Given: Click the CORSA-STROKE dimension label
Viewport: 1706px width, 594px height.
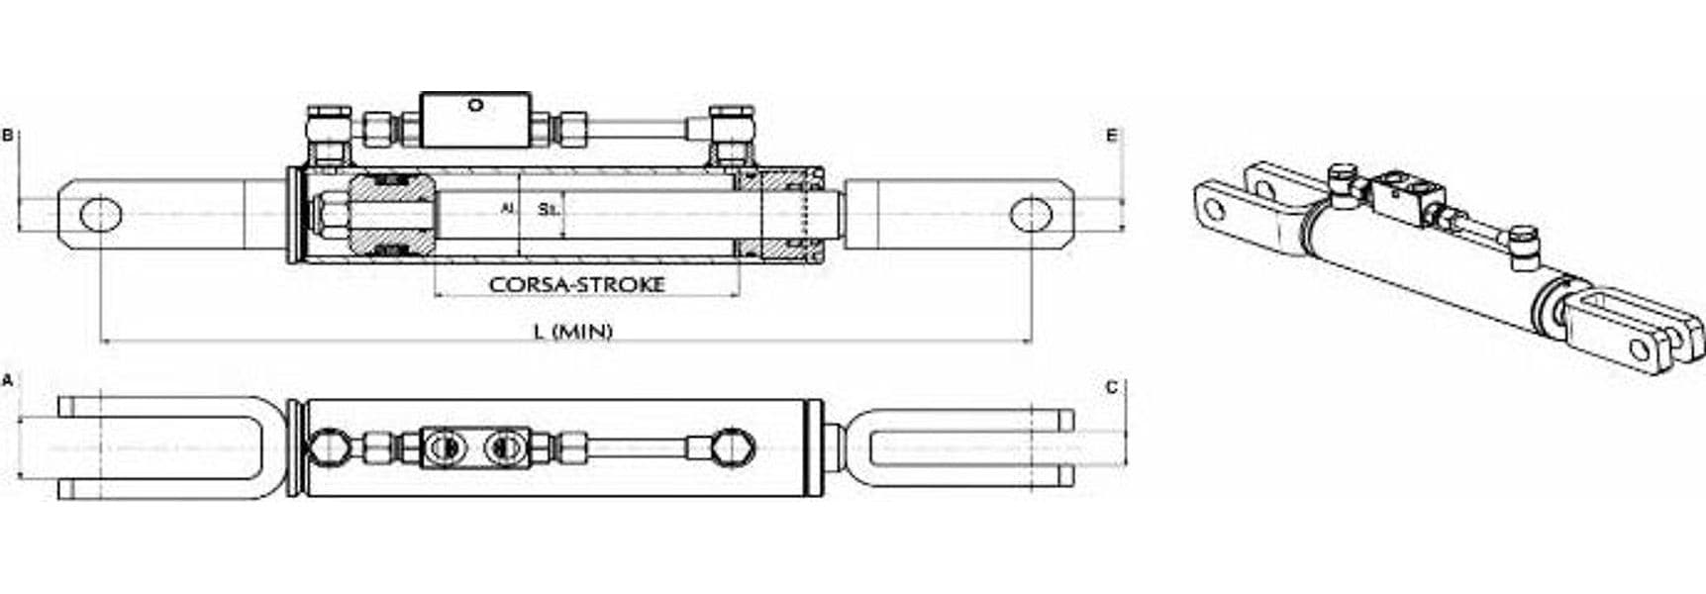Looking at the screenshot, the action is click(x=576, y=284).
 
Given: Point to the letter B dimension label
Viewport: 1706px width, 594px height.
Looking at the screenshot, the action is click(x=8, y=135).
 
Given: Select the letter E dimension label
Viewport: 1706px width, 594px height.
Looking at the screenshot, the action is click(x=1112, y=135).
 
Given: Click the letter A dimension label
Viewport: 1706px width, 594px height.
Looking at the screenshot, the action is click(x=8, y=380).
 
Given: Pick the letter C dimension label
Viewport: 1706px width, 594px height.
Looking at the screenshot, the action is click(x=1112, y=387).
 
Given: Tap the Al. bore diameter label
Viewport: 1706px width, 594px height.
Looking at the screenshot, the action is click(x=508, y=209).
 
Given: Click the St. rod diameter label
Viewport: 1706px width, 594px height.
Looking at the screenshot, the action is click(x=547, y=209).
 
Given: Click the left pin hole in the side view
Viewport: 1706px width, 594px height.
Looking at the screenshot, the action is click(x=100, y=214).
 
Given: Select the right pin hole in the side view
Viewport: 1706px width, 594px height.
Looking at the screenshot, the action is click(x=1031, y=214).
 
